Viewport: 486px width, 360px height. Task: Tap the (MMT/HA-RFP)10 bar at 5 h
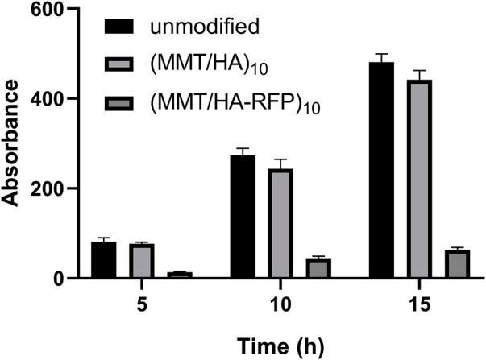click(179, 275)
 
